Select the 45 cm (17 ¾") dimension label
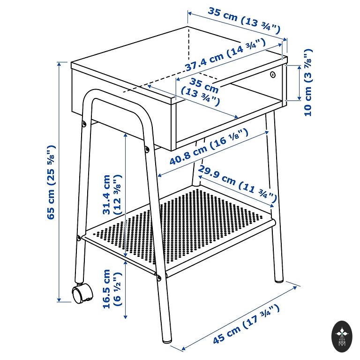click(247, 324)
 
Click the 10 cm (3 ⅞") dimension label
click(308, 82)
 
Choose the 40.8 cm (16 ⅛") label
click(209, 147)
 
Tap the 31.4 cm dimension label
click(112, 195)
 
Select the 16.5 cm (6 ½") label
click(112, 289)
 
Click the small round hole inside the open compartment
click(272, 75)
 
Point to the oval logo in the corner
click(342, 337)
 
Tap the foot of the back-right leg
click(279, 280)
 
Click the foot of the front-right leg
click(167, 340)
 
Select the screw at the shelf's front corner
click(159, 278)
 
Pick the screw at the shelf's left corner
click(79, 238)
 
